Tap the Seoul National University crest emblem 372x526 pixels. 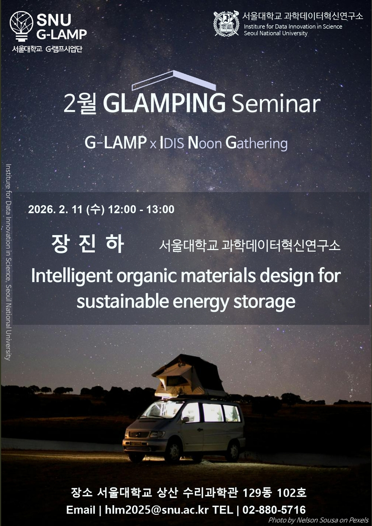(226, 24)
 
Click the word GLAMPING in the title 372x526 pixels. (164, 103)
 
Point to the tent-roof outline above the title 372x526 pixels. (173, 80)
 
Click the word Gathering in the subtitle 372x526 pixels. (257, 143)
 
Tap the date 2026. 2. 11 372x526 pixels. (55, 209)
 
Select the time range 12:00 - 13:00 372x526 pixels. (141, 209)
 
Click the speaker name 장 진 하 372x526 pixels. (88, 244)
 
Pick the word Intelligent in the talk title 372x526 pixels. (72, 276)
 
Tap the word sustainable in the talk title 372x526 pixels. (123, 301)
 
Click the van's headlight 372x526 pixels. (157, 434)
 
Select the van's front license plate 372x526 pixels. (136, 443)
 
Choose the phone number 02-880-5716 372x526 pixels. (274, 510)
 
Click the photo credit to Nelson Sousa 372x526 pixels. (318, 520)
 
